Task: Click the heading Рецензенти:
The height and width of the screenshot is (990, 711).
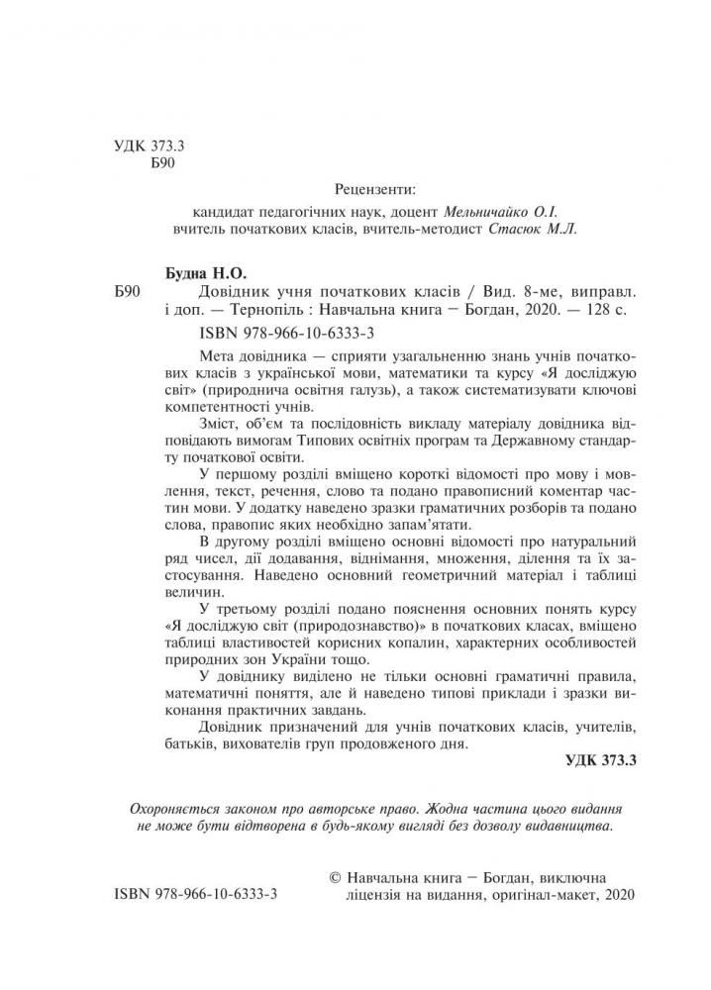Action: tap(376, 188)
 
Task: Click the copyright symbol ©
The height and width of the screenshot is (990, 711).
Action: tap(333, 877)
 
